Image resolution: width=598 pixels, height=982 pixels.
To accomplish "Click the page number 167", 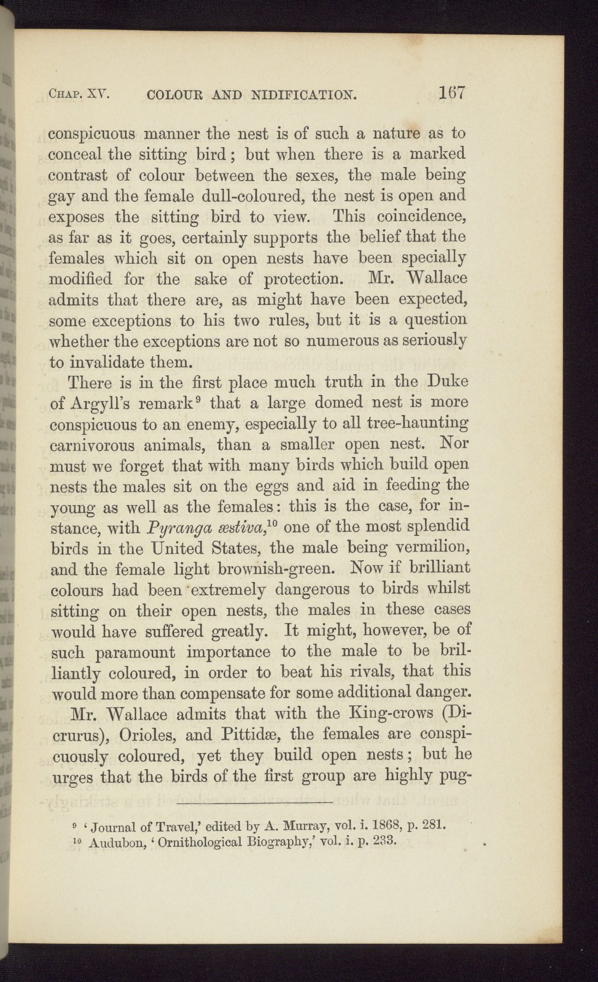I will (x=451, y=93).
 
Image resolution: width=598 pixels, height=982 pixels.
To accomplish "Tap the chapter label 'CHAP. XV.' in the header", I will (x=79, y=96).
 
